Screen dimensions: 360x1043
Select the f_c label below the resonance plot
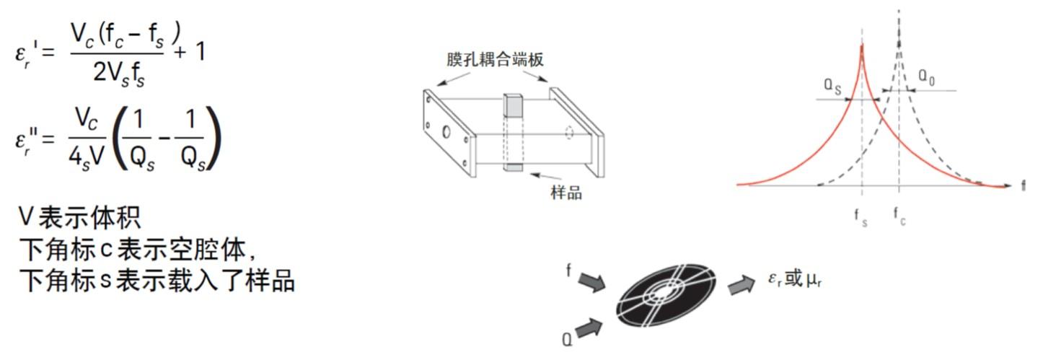point(899,216)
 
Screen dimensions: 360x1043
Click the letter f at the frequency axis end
point(1023,186)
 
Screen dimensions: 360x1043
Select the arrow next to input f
point(592,282)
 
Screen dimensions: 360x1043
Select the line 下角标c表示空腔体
point(138,249)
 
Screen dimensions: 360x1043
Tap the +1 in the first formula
point(189,53)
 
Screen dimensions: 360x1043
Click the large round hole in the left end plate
point(447,132)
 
